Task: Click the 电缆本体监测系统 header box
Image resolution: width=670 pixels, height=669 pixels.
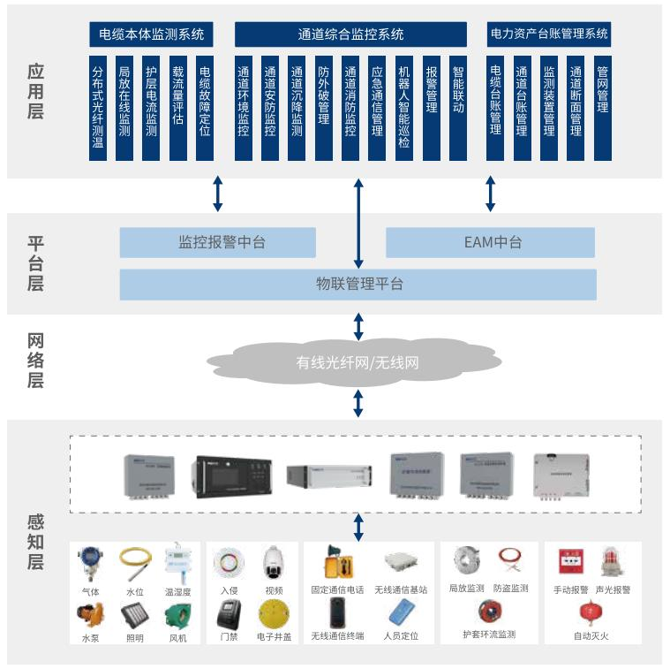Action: pyautogui.click(x=152, y=34)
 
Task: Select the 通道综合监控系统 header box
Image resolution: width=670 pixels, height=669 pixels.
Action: pyautogui.click(x=350, y=34)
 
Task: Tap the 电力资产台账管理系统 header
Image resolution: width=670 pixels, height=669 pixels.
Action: pyautogui.click(x=548, y=34)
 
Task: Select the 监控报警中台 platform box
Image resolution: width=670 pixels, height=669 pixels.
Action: pyautogui.click(x=217, y=242)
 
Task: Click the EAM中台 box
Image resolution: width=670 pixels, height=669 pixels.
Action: pyautogui.click(x=490, y=242)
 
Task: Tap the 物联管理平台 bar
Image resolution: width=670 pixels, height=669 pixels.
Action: pyautogui.click(x=358, y=285)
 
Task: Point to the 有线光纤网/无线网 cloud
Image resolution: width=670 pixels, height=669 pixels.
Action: pyautogui.click(x=358, y=362)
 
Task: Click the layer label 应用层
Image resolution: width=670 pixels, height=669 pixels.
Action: pyautogui.click(x=35, y=91)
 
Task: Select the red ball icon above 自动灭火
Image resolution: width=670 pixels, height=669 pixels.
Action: pyautogui.click(x=591, y=612)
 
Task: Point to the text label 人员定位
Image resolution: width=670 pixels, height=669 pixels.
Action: pyautogui.click(x=402, y=635)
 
